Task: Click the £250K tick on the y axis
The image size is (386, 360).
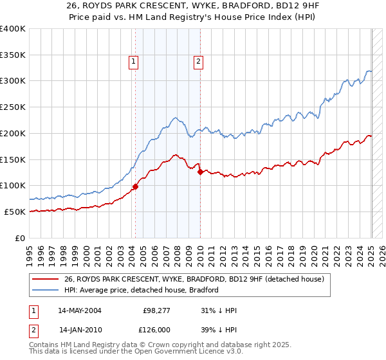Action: click(x=14, y=107)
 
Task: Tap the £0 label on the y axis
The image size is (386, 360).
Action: click(x=20, y=238)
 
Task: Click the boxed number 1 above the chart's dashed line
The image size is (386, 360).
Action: click(x=133, y=62)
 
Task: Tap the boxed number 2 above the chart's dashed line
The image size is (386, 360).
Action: click(x=198, y=62)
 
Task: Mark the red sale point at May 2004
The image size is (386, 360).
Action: click(x=136, y=186)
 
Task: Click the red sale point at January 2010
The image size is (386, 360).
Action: click(x=200, y=172)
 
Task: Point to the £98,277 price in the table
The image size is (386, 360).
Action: click(x=154, y=310)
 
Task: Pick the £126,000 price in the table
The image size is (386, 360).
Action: click(x=154, y=329)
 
